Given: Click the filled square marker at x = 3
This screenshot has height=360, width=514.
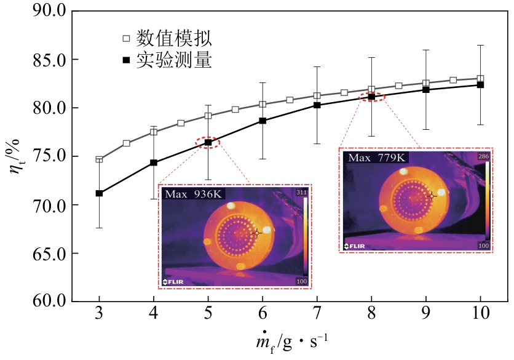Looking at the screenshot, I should click(99, 194).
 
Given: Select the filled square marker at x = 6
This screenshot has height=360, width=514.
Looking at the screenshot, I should click(263, 121).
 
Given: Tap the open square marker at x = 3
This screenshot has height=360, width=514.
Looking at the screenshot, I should click(99, 159).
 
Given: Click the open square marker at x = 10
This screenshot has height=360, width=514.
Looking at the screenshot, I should click(480, 79).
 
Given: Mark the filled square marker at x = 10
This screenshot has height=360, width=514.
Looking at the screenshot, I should click(480, 85).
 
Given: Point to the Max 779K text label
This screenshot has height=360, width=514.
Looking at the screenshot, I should click(376, 158).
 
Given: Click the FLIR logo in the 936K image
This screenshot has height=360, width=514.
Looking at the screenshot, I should click(175, 282).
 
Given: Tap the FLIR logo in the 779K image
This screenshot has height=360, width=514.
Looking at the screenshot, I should click(355, 246).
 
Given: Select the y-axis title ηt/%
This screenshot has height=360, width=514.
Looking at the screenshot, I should click(17, 157).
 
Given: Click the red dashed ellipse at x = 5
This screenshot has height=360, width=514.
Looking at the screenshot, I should click(208, 143).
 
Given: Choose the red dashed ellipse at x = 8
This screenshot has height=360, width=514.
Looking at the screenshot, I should click(371, 96).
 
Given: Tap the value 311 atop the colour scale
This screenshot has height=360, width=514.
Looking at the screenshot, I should click(301, 193).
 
